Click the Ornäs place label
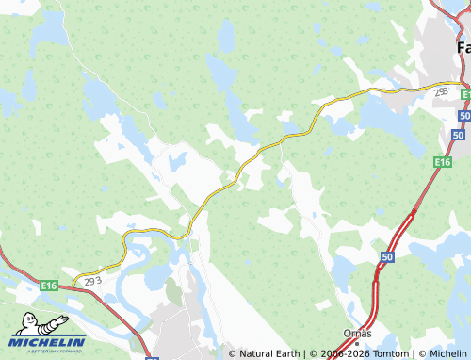tap(358, 334)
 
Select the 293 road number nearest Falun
tap(441, 92)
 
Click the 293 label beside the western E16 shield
tap(91, 281)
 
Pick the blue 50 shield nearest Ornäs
tap(387, 256)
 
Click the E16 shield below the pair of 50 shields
tap(442, 162)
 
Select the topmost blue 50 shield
tap(464, 114)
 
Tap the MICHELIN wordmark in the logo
tap(48, 342)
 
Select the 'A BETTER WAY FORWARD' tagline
tap(48, 352)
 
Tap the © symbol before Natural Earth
tap(233, 353)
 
